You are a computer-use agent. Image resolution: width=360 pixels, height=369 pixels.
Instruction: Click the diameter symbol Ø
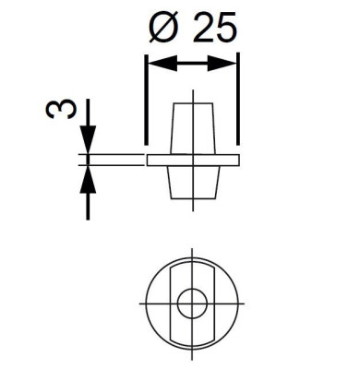(x=163, y=27)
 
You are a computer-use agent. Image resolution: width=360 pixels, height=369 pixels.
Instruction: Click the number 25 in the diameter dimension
(x=215, y=27)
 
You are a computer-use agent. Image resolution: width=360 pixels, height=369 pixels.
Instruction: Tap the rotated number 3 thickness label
(x=60, y=110)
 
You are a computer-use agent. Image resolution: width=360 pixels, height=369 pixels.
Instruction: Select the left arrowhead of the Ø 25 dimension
(x=163, y=64)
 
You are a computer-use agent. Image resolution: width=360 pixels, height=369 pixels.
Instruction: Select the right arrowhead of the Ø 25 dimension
(x=222, y=64)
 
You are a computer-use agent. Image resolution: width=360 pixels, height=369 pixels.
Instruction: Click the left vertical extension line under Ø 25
(x=147, y=100)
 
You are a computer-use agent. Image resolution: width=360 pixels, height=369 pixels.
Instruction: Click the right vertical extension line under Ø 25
(x=238, y=99)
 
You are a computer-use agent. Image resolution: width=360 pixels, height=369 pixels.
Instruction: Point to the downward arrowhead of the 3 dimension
(x=88, y=139)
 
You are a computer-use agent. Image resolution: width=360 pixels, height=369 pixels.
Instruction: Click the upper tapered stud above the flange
(x=193, y=128)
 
